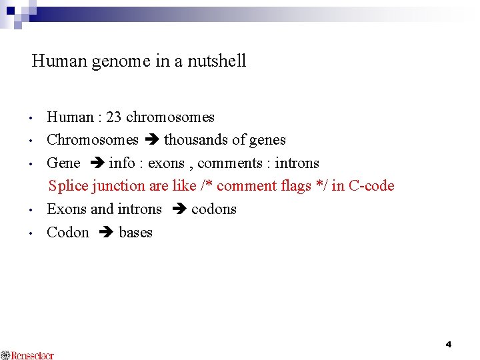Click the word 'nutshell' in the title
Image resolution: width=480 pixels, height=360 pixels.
click(x=217, y=61)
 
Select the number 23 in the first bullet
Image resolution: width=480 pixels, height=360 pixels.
click(x=113, y=117)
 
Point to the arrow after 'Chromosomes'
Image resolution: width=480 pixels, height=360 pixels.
click(x=151, y=141)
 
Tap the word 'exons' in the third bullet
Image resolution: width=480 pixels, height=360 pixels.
click(x=166, y=163)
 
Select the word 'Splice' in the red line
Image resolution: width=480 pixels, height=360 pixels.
click(x=67, y=186)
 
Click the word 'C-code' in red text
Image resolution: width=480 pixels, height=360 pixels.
click(x=371, y=186)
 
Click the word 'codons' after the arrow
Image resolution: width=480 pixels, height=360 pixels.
click(x=213, y=209)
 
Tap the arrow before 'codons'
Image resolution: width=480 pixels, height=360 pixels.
click(x=179, y=209)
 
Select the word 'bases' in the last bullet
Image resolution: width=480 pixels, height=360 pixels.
click(x=135, y=233)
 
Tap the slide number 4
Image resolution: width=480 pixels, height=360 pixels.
click(x=449, y=344)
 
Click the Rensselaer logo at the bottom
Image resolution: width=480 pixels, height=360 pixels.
click(x=27, y=355)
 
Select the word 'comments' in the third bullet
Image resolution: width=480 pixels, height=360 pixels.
click(x=229, y=163)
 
